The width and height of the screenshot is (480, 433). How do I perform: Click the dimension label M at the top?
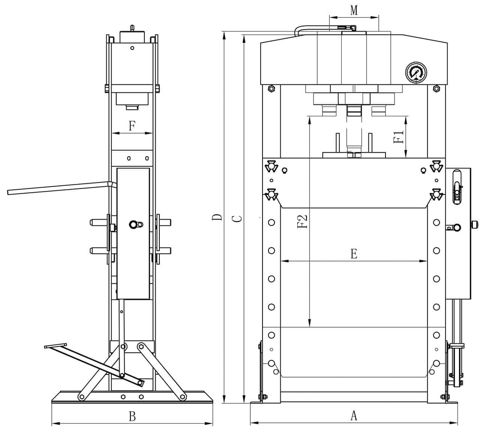[x=354, y=10]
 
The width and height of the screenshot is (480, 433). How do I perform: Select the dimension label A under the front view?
[x=354, y=415]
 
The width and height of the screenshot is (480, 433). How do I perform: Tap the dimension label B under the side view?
[x=132, y=416]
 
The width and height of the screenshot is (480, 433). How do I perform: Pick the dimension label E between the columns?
[x=354, y=253]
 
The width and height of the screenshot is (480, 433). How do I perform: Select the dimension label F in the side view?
[x=132, y=126]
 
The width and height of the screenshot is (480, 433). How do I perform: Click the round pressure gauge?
[x=416, y=72]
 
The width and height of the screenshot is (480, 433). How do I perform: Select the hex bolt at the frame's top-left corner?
[x=271, y=89]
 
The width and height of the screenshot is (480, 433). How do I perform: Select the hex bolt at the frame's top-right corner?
[x=437, y=89]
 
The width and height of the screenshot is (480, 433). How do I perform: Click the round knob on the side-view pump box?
[x=133, y=225]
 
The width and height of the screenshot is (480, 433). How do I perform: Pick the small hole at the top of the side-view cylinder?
[x=132, y=48]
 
